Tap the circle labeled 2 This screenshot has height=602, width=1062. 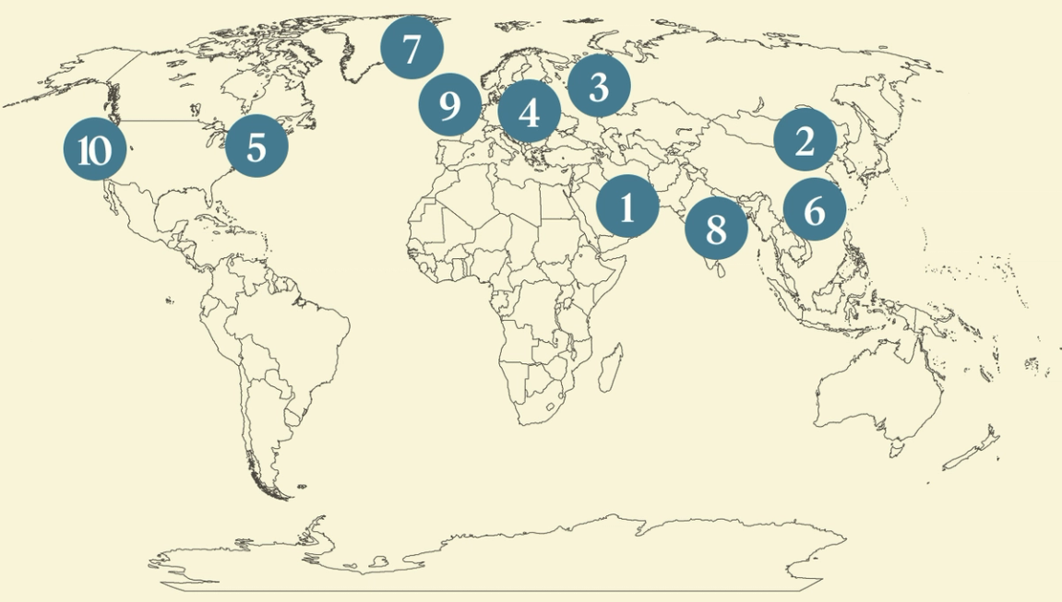[805, 141]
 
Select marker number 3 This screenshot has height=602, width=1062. [599, 87]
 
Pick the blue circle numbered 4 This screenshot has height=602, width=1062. [529, 112]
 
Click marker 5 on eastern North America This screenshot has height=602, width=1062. [257, 147]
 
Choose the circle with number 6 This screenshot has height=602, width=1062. [815, 210]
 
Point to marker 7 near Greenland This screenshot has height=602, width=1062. [412, 48]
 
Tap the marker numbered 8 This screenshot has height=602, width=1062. [716, 228]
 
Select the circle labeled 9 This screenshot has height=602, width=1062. [450, 105]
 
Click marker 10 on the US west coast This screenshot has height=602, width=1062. [94, 149]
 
